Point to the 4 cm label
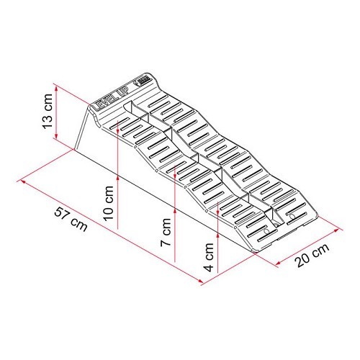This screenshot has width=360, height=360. tap(210, 255)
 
